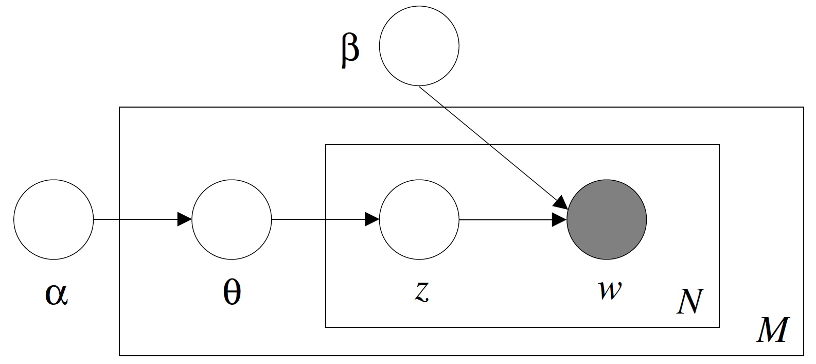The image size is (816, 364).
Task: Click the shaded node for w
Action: pos(607,220)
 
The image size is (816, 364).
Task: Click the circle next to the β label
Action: pos(419,46)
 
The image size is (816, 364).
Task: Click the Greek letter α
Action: pos(56,294)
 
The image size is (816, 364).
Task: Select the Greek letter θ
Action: pos(232,292)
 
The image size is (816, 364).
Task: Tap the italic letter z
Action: pos(421,291)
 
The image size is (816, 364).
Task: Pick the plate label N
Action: pos(689,301)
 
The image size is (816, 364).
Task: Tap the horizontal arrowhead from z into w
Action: pos(559,220)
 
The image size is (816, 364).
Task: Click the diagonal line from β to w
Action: pos(489,144)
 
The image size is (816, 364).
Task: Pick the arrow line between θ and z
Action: pos(319,220)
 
